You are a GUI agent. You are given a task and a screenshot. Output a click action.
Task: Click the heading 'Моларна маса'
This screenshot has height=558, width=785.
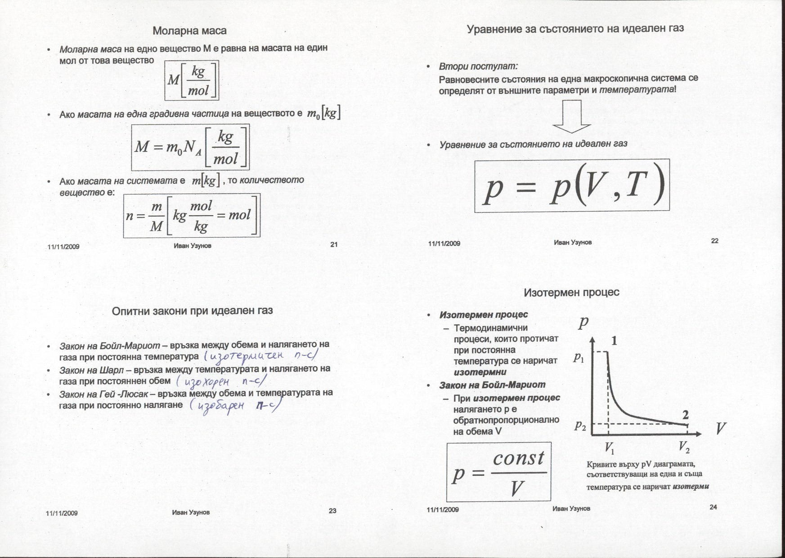[189, 31]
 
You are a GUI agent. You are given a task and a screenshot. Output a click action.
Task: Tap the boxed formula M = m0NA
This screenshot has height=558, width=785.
[190, 146]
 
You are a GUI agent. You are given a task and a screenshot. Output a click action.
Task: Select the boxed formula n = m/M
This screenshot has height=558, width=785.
[192, 216]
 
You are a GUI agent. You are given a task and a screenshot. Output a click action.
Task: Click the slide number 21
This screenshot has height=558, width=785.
[334, 245]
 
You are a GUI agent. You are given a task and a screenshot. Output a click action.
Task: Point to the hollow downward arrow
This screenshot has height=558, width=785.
[571, 118]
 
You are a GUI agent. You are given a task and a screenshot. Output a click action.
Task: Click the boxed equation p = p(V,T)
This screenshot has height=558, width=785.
[572, 186]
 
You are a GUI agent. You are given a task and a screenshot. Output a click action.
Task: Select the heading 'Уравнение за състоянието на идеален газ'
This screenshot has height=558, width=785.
[575, 29]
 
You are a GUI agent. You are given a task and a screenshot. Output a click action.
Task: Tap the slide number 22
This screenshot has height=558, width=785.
[715, 241]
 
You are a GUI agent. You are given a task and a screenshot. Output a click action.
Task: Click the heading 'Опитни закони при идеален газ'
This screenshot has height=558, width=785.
[192, 311]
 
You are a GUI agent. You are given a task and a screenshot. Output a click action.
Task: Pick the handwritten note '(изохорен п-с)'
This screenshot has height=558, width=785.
[221, 382]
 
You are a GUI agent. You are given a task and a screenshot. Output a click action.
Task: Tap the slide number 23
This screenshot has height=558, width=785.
[332, 510]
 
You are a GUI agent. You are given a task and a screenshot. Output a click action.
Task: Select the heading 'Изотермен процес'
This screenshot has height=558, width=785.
[571, 292]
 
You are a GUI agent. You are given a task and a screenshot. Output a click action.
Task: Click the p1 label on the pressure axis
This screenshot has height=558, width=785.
[579, 358]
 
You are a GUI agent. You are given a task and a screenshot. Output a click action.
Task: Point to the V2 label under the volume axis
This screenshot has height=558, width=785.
[684, 447]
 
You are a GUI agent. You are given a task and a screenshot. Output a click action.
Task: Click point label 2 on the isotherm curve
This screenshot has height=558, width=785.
[686, 414]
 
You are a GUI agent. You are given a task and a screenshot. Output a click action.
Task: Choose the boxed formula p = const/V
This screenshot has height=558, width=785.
[499, 473]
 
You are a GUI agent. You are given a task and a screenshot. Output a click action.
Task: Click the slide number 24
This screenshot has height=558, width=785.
[713, 507]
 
